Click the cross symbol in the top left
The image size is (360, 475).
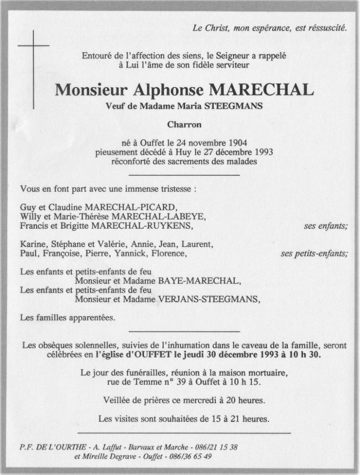(33, 46)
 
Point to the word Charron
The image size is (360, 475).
(184, 125)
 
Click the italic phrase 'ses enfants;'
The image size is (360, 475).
(326, 226)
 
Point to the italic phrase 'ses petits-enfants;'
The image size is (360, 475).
(314, 254)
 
